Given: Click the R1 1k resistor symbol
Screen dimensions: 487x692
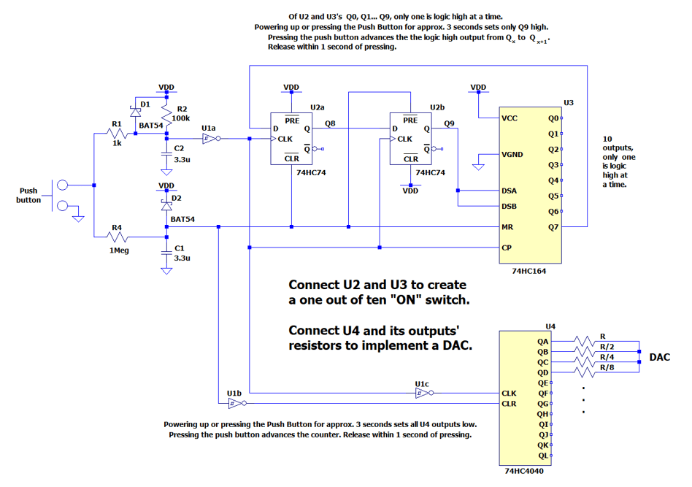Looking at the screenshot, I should coord(115,134).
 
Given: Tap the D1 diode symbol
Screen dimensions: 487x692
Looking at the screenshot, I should coord(134,111).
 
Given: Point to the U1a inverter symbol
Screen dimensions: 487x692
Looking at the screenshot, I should coord(209,138).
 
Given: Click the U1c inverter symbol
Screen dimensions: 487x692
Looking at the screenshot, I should coord(421,393).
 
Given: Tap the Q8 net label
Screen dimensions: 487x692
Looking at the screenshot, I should coord(331,123).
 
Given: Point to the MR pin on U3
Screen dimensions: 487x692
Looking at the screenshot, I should coord(507,227).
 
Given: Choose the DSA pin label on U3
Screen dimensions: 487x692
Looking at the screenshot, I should coord(510,191).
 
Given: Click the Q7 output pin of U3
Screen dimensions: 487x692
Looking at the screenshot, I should coord(553,227).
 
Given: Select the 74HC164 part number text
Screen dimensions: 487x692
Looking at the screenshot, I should coord(529,270).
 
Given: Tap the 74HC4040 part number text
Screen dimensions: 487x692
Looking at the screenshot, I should coord(523,471).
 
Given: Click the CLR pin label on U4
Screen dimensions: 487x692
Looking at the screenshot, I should coord(510,403).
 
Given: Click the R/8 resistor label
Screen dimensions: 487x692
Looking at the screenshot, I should coord(607,367).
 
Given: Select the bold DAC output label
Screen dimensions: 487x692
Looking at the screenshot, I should coord(660,357).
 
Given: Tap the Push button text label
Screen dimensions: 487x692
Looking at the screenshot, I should coord(28,195).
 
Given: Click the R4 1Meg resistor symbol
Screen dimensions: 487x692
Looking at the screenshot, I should coord(115,237).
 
